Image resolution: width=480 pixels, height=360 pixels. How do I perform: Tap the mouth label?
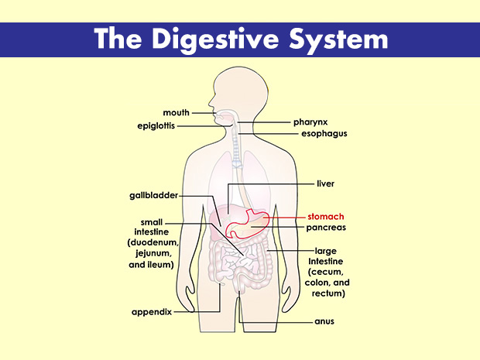click(176, 113)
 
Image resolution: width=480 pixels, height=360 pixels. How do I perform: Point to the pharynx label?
click(312, 122)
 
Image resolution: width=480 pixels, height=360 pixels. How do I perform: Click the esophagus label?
click(324, 133)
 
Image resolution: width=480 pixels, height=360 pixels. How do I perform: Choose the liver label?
click(325, 183)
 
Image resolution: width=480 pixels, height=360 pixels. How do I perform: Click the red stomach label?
click(325, 217)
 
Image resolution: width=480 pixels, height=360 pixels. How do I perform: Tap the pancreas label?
click(326, 228)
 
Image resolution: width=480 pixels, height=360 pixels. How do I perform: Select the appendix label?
click(151, 312)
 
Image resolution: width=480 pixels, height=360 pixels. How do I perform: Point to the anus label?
click(324, 321)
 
